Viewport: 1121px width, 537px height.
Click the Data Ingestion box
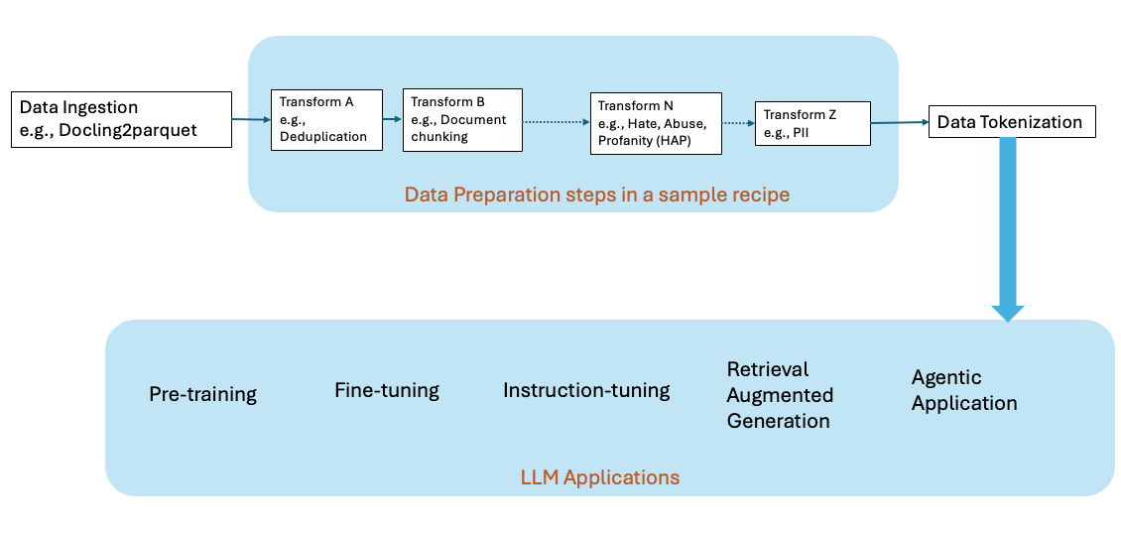point(121,119)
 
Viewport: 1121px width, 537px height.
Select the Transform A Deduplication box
point(326,119)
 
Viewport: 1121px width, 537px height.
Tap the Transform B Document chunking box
point(462,119)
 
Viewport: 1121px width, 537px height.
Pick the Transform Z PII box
point(812,123)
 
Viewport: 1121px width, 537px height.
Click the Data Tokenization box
point(1012,122)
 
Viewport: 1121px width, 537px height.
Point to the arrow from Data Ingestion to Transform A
point(251,120)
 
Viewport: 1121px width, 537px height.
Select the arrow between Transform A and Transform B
point(393,120)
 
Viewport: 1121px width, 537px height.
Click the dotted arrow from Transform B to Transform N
point(556,122)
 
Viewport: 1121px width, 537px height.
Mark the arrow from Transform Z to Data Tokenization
point(900,123)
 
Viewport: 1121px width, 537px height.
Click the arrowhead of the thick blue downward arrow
point(1008,312)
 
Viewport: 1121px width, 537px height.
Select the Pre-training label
point(202,394)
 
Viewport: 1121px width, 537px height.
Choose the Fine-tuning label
point(387,390)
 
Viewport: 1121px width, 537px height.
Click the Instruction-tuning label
point(586,390)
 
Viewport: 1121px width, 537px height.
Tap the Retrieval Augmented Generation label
point(780,395)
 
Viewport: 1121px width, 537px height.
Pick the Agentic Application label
point(964,390)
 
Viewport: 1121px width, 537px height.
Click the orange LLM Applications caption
point(600,477)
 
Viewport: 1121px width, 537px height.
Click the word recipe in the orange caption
point(759,195)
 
